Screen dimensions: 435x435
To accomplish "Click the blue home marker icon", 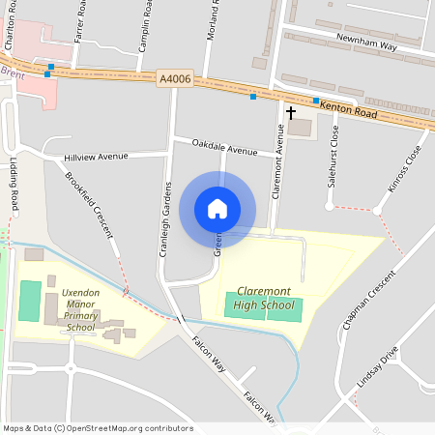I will click(x=217, y=209).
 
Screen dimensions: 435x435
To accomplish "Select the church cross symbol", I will click(x=290, y=112).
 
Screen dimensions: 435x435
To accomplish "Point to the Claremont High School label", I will click(x=264, y=298).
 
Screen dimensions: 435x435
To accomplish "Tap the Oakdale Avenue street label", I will click(x=224, y=149).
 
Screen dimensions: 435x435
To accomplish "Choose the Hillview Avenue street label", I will click(x=96, y=156).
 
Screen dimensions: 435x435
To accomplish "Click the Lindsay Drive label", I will click(x=376, y=370).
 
